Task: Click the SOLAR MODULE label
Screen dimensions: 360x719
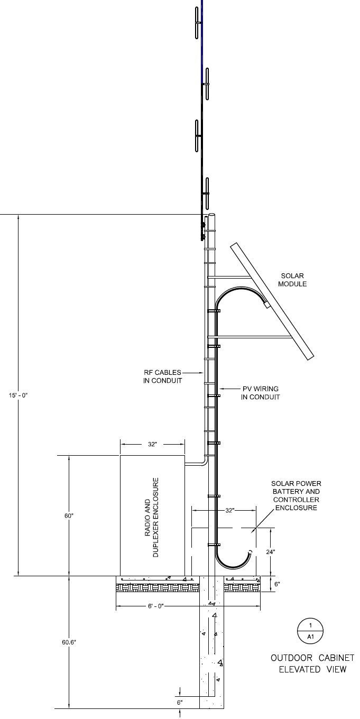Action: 293,280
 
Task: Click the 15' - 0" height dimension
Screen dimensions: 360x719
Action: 18,395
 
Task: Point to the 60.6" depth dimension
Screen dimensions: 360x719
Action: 68,642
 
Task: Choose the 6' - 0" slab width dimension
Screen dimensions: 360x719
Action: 157,606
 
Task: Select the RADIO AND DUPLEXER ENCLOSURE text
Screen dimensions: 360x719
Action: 152,518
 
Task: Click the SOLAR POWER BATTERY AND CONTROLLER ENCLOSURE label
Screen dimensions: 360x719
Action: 296,495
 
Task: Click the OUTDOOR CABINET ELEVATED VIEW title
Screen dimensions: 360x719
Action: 312,663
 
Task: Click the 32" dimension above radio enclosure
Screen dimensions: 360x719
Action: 152,445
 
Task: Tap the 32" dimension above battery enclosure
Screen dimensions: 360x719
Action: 229,511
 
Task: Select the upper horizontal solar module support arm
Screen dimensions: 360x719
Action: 229,276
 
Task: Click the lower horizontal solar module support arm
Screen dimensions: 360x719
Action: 251,337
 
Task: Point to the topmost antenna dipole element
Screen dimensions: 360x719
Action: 197,22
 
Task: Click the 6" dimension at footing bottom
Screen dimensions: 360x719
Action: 180,703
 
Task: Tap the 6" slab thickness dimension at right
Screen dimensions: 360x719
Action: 277,584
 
